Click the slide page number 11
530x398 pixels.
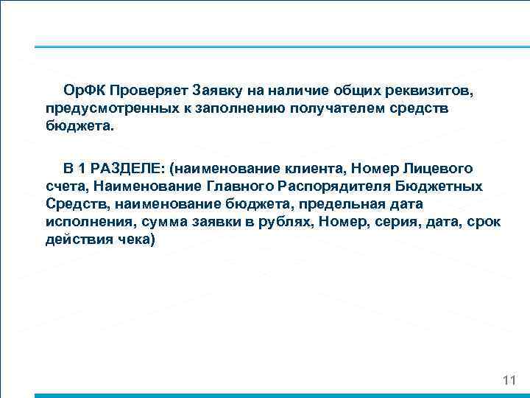[x=508, y=380]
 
